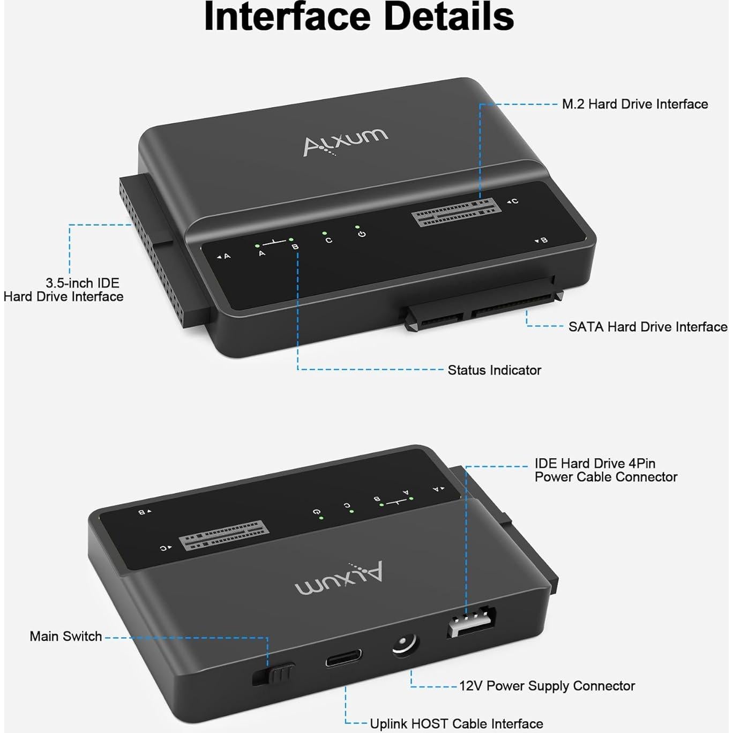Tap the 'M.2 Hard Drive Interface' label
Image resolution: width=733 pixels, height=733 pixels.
(x=634, y=104)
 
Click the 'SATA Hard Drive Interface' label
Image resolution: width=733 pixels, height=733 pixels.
(x=647, y=327)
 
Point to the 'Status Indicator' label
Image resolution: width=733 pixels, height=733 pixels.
(x=494, y=370)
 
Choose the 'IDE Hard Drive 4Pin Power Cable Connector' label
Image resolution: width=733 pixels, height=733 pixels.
(x=605, y=470)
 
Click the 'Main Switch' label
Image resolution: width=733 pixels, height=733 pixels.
(x=65, y=637)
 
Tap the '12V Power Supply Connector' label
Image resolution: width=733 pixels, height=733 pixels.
(x=547, y=686)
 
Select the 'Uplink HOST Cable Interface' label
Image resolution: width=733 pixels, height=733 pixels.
(x=456, y=724)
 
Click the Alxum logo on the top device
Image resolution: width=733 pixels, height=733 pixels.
(x=345, y=142)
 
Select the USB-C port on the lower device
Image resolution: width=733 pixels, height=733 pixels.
(x=343, y=658)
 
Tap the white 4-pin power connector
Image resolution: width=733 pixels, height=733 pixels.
(x=471, y=622)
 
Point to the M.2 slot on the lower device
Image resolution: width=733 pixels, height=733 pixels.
(x=223, y=535)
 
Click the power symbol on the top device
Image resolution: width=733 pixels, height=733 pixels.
(x=362, y=235)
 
